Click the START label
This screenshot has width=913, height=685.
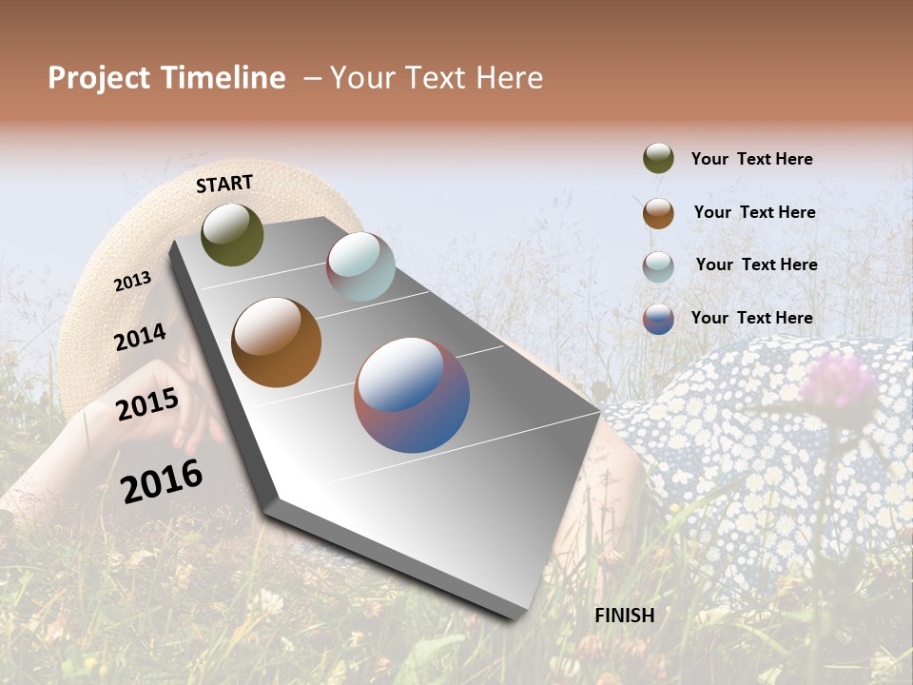coord(224,184)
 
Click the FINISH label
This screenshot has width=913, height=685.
coord(624,616)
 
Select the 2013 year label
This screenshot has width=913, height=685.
coord(132,281)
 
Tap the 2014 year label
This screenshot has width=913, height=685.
coord(140,337)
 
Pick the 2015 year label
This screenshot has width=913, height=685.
coord(146,404)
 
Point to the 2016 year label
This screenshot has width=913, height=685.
coord(162,480)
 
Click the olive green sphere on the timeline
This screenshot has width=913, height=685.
coord(232,234)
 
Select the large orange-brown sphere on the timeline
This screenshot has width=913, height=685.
coord(276,342)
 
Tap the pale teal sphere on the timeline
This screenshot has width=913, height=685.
coord(360,266)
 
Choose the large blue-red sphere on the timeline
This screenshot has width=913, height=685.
coord(412,395)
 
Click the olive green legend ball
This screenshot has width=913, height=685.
coord(658,159)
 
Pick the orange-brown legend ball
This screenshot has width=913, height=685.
coord(658,213)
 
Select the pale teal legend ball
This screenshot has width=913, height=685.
coord(658,266)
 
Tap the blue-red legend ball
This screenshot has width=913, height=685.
coord(658,319)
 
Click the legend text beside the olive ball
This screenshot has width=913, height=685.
coord(751,159)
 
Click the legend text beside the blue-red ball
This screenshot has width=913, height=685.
coord(751,318)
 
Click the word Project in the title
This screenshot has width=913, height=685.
coord(100,78)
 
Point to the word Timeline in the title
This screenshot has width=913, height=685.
coord(223,78)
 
